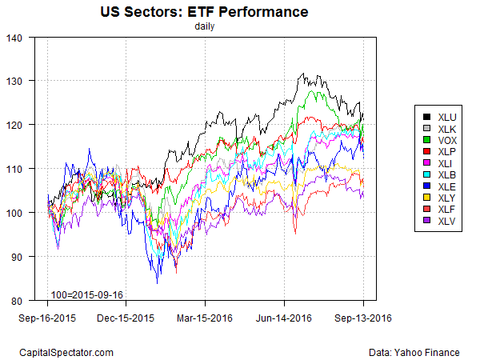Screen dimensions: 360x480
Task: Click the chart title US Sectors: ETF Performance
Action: (204, 13)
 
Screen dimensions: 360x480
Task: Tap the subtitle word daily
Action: (204, 26)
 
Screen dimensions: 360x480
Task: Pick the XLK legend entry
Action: (439, 130)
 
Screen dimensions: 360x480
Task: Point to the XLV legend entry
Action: (439, 220)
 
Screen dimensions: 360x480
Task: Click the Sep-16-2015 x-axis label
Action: (47, 318)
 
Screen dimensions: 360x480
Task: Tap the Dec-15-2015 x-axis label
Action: (126, 318)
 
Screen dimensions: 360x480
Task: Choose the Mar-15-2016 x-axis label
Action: (206, 318)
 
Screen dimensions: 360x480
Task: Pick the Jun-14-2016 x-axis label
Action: (285, 318)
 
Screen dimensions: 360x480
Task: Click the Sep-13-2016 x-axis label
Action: (363, 318)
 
